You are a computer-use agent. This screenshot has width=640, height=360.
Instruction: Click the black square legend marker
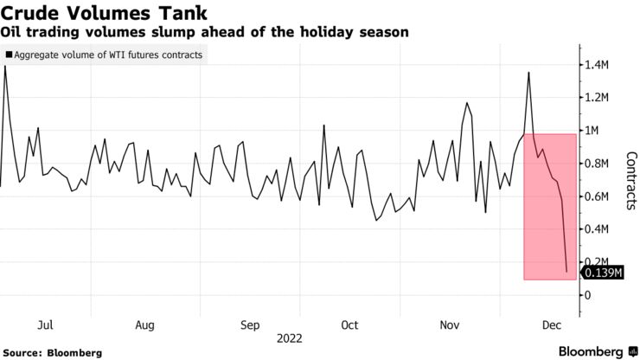pos(9,55)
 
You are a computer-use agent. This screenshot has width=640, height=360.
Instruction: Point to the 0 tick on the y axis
pos(591,295)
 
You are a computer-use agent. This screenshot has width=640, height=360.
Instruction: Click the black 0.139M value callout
pos(604,273)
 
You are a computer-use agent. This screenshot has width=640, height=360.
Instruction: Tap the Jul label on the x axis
pos(46,325)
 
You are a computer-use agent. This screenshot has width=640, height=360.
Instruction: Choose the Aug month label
pos(145,325)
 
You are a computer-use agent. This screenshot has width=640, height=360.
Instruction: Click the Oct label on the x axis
pos(349,325)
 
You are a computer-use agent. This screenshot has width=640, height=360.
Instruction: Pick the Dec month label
pos(551,325)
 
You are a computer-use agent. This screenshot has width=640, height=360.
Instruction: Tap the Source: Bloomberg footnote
pos(53,353)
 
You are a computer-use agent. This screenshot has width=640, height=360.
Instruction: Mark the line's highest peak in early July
pos(5,66)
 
